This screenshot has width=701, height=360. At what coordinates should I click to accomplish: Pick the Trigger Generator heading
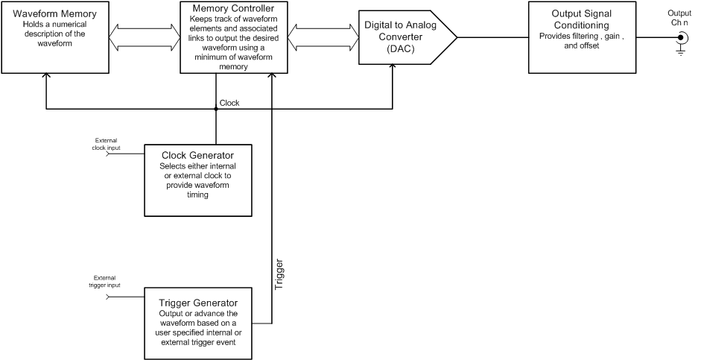197,303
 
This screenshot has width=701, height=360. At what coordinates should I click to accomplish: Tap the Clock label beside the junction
229,103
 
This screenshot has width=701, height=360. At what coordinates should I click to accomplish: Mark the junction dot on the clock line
216,110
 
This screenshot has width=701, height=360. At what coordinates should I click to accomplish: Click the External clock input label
108,144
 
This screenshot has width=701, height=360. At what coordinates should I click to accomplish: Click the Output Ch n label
679,19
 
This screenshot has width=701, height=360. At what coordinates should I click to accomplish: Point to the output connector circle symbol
679,37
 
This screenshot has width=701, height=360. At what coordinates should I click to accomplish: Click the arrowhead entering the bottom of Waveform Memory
46,77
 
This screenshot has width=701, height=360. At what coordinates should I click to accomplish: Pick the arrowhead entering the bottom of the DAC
393,69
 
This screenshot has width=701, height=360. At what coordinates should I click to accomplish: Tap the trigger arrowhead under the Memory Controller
273,77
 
